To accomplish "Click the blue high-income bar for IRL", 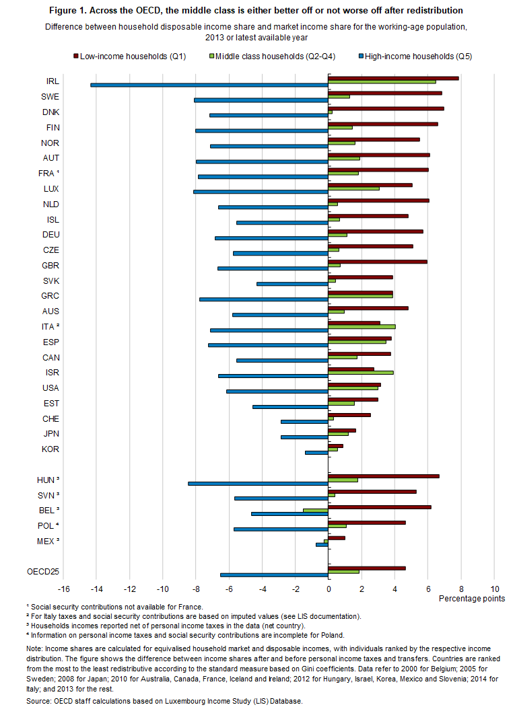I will [x=209, y=85].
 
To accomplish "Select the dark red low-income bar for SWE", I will [x=384, y=93].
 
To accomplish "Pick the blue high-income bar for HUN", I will [x=258, y=484].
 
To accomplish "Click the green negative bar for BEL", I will [x=315, y=510].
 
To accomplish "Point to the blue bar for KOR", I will [x=316, y=453].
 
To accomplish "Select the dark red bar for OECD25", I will [x=367, y=568].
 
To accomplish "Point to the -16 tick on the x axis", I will [x=64, y=589].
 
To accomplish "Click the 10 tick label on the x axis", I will [x=495, y=589].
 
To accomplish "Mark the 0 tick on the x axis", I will [x=329, y=589].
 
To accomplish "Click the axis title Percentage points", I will [x=471, y=598].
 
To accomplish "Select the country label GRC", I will [x=50, y=296].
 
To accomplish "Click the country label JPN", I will [x=50, y=434].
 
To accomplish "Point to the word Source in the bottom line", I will [x=40, y=701].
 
